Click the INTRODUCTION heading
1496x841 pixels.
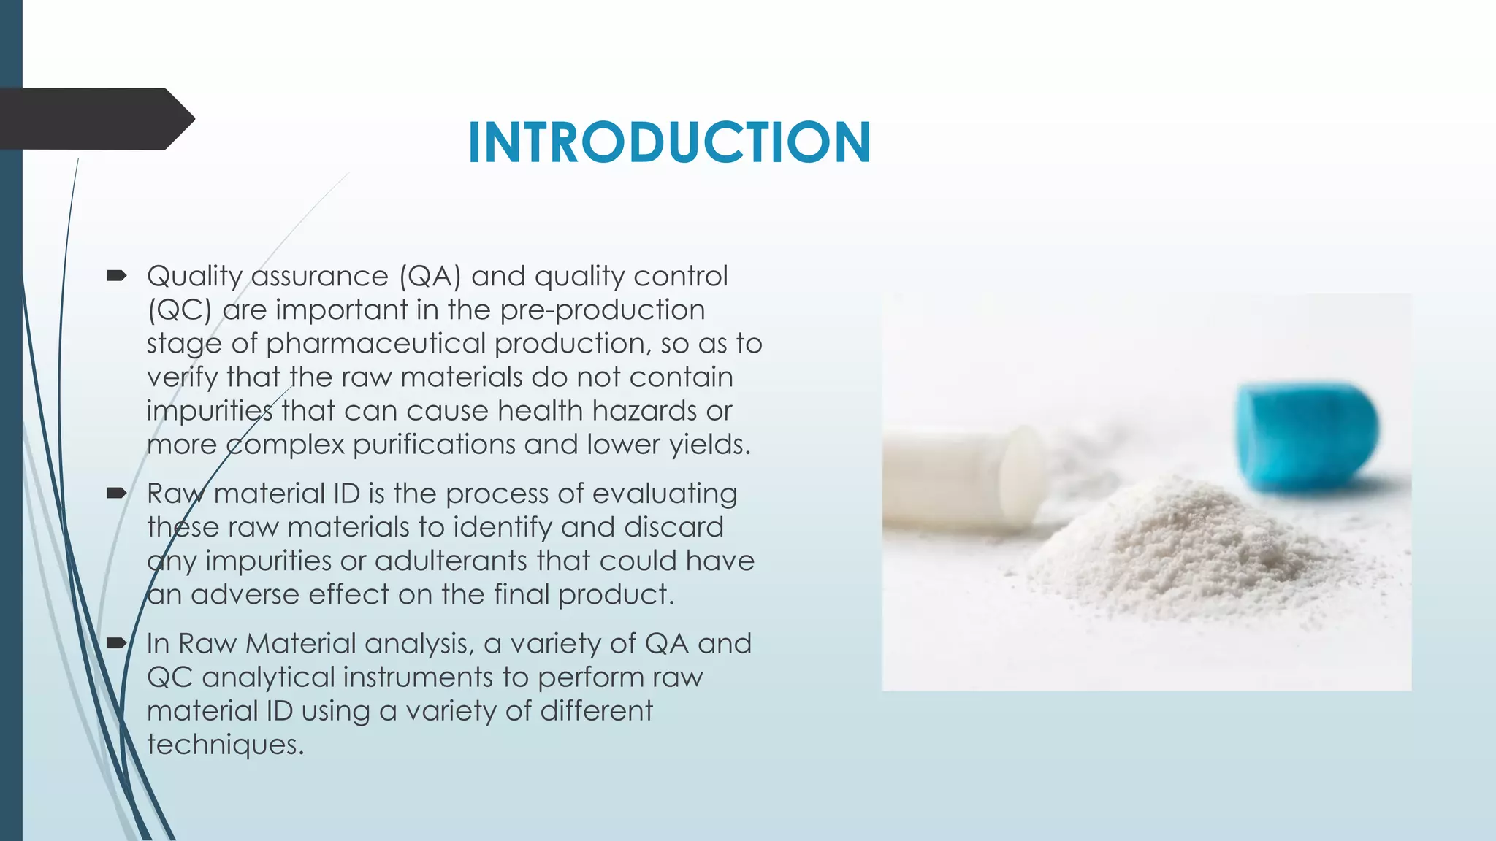pyautogui.click(x=669, y=142)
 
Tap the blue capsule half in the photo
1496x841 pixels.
pyautogui.click(x=1306, y=436)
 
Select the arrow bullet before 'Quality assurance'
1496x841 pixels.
pyautogui.click(x=116, y=276)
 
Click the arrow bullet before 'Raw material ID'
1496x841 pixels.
pyautogui.click(x=116, y=494)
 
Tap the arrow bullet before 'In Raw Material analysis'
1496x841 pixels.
pyautogui.click(x=116, y=643)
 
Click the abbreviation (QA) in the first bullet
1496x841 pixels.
pyautogui.click(x=430, y=276)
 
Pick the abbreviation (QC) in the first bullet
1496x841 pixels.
pyautogui.click(x=179, y=310)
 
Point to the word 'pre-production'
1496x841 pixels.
pyautogui.click(x=603, y=310)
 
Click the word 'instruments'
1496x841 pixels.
pyautogui.click(x=417, y=677)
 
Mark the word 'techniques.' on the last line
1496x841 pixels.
pyautogui.click(x=225, y=745)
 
